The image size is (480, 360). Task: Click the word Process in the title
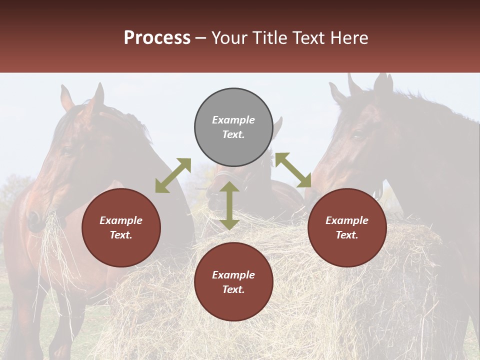coord(157,38)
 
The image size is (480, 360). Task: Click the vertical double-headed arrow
coord(229,205)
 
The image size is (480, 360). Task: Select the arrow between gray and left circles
coord(173,175)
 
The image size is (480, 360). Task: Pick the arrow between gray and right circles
coord(293,170)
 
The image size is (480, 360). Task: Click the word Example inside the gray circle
coord(233,120)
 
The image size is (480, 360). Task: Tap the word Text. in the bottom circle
coord(233,289)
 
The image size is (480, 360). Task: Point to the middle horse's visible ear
coord(277,125)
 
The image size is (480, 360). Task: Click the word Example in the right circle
coord(347,220)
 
